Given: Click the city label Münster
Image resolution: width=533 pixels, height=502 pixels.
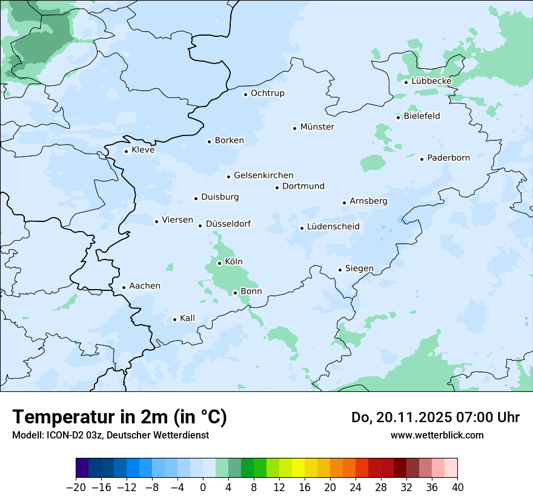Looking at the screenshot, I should [x=317, y=127].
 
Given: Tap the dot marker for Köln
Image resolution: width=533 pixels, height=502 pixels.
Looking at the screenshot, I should [x=219, y=263].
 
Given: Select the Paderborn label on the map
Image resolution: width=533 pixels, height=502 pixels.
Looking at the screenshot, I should [x=448, y=158].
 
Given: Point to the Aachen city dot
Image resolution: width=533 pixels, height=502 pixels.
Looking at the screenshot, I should [x=124, y=288].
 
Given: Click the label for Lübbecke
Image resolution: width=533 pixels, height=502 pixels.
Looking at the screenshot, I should [x=431, y=81].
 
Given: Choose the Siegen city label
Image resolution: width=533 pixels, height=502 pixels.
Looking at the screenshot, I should [x=359, y=269].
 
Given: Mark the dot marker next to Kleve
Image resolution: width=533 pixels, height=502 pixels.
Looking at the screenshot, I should [x=126, y=151].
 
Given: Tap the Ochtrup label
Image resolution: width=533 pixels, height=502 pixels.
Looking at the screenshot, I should [x=267, y=93].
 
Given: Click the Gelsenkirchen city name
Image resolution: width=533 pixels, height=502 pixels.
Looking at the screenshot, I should [x=263, y=175].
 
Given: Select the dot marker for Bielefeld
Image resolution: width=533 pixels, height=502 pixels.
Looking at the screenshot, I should [x=398, y=117].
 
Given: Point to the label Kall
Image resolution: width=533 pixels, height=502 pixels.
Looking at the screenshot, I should [x=187, y=318].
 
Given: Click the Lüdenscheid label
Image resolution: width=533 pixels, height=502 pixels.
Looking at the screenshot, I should [x=333, y=227].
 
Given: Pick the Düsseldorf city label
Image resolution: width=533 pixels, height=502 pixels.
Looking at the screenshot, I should [x=228, y=224].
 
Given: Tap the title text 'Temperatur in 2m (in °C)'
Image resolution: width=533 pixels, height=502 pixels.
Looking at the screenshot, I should [x=120, y=417].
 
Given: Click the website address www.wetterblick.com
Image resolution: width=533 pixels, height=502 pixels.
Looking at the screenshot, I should [x=437, y=435].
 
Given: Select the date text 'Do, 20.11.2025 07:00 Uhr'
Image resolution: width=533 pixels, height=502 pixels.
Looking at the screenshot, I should [x=435, y=417].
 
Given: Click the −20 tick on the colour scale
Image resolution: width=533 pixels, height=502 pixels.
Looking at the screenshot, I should [x=76, y=487].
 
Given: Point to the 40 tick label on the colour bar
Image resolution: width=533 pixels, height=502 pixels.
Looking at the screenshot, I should [x=457, y=487].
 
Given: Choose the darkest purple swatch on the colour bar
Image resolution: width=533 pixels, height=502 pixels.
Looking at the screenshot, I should [x=82, y=468].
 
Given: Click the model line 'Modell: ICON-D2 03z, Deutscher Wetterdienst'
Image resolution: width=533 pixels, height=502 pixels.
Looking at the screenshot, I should [x=110, y=435].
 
